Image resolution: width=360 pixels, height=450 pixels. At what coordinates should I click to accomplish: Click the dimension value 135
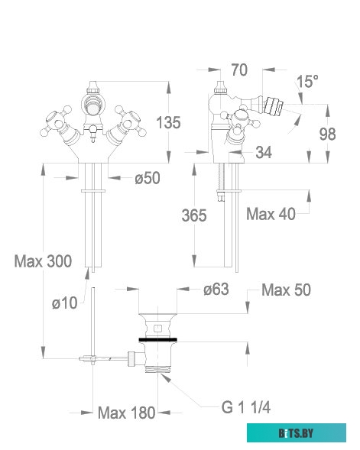(169, 122)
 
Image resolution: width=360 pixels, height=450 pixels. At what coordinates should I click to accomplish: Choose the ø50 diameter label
(147, 179)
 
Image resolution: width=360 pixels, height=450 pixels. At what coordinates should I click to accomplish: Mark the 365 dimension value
(194, 216)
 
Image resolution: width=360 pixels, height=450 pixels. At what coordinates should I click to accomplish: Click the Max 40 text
(271, 215)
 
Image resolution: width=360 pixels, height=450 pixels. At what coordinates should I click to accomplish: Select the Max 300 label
(43, 261)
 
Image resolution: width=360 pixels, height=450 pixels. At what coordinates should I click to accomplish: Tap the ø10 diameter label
(65, 303)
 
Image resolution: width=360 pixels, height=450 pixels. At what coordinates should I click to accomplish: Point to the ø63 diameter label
(216, 290)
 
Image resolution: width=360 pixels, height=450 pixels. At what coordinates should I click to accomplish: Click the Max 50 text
(287, 290)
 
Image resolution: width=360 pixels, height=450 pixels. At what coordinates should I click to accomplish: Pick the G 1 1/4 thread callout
(246, 408)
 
